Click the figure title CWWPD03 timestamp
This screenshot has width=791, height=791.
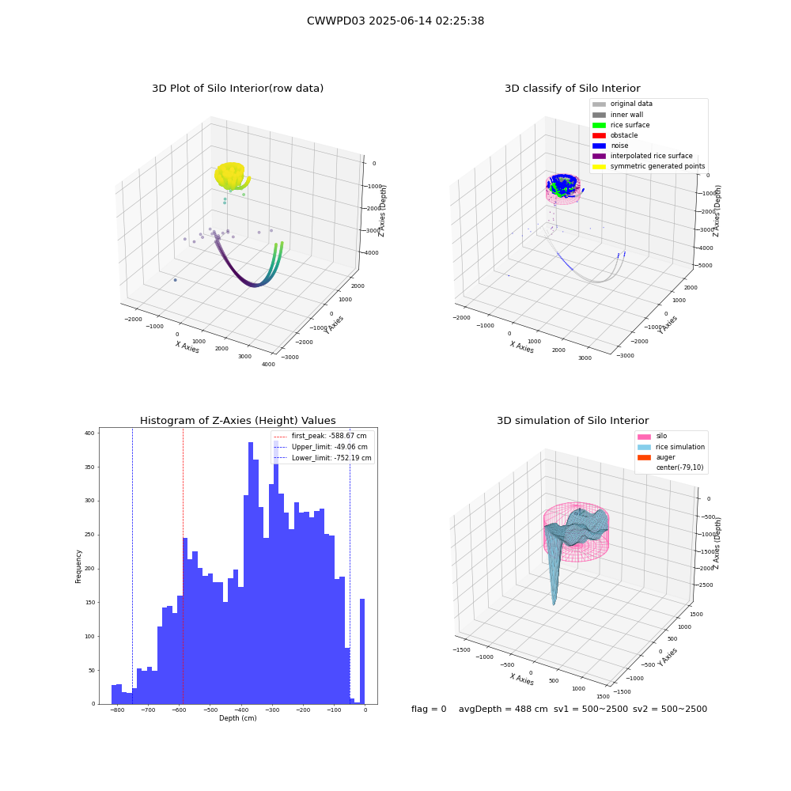point(395,21)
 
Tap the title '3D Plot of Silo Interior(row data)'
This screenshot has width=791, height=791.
point(237,89)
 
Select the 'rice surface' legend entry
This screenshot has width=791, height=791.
point(621,125)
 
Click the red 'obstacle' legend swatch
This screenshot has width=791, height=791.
point(599,135)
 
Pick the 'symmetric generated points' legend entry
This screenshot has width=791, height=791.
point(649,166)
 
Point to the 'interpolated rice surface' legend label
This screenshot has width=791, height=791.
point(651,156)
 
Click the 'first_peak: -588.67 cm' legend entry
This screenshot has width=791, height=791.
point(320,436)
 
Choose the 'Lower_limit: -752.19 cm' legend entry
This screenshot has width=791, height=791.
point(323,458)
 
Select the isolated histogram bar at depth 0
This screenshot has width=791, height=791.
point(362,651)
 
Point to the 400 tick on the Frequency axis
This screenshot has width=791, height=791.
point(89,433)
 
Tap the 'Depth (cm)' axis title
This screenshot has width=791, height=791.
point(237,718)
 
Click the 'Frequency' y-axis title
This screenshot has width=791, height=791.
point(78,566)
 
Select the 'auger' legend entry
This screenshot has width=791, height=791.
point(657,457)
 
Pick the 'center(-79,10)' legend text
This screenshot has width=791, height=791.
point(679,467)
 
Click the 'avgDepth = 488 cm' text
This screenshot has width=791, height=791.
point(503,709)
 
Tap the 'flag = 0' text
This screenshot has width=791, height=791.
point(429,709)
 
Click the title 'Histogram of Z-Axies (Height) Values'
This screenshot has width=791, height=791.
point(237,421)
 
